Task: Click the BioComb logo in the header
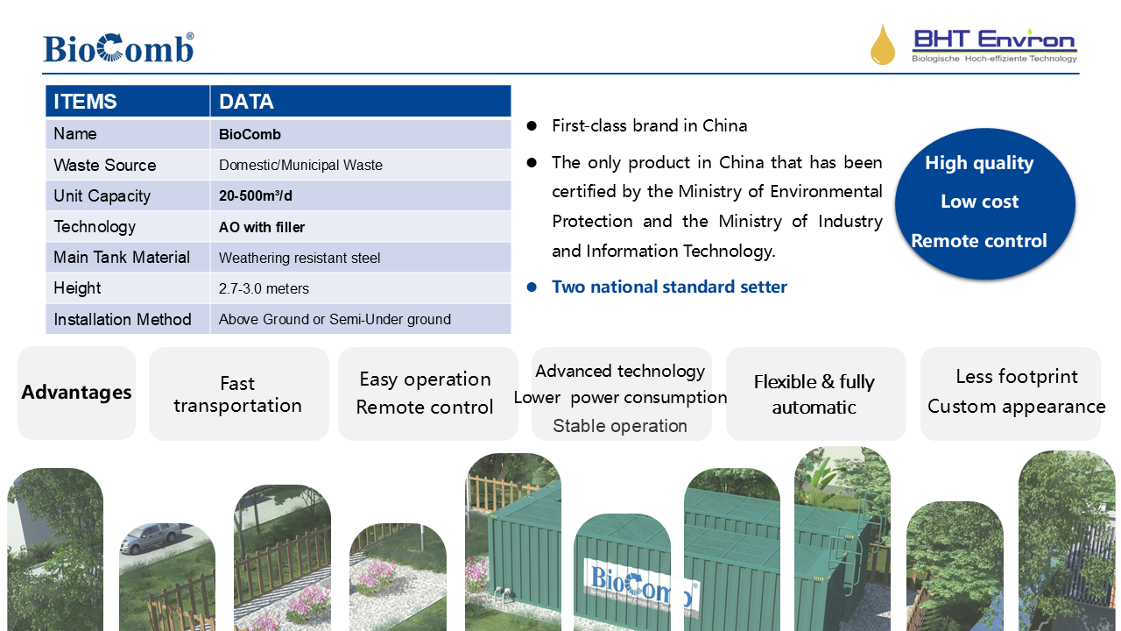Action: pyautogui.click(x=118, y=48)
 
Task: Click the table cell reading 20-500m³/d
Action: pyautogui.click(x=361, y=195)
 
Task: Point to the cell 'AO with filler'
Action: pyautogui.click(x=361, y=226)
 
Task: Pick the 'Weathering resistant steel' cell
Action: pyautogui.click(x=361, y=258)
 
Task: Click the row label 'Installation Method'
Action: pyautogui.click(x=123, y=319)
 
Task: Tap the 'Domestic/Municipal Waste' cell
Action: pyautogui.click(x=361, y=165)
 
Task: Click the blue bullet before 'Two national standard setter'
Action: pyautogui.click(x=532, y=287)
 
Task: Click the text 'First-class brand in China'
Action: pyautogui.click(x=650, y=125)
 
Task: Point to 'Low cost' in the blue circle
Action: pyautogui.click(x=979, y=202)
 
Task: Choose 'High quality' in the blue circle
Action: pyautogui.click(x=979, y=163)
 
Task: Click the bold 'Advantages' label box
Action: pyautogui.click(x=76, y=393)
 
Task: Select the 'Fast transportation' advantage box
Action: pyautogui.click(x=239, y=393)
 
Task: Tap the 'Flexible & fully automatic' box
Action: pyautogui.click(x=815, y=393)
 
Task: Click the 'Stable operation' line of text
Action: pyautogui.click(x=620, y=426)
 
